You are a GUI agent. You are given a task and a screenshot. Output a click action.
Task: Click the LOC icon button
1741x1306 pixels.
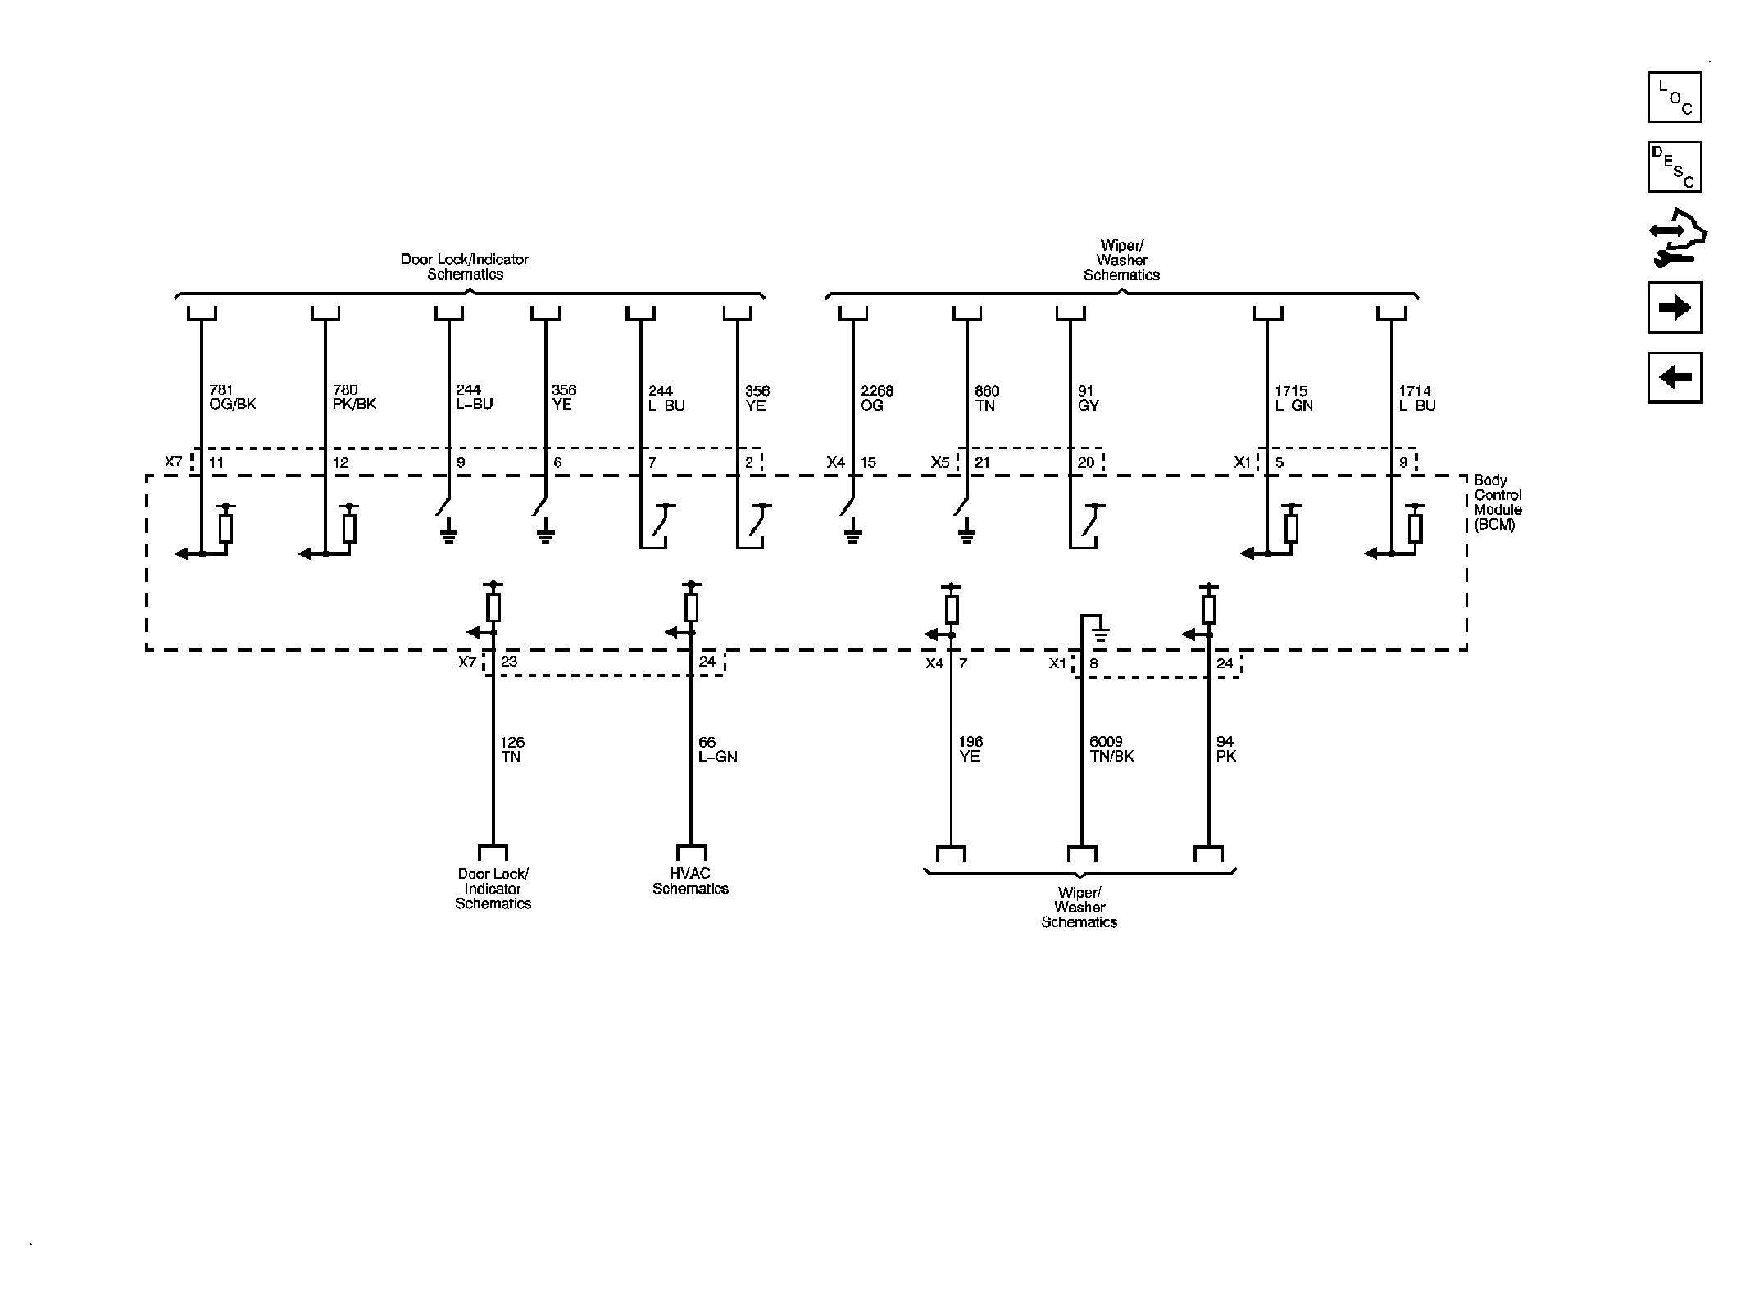pos(1675,97)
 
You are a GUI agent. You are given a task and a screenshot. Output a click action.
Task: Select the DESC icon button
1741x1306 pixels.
pos(1675,167)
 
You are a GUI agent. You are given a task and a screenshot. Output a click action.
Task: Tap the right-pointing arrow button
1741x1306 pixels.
pos(1675,307)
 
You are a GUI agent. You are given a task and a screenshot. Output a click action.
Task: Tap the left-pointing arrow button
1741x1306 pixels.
pos(1675,378)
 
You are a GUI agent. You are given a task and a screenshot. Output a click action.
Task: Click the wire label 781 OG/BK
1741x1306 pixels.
pos(233,398)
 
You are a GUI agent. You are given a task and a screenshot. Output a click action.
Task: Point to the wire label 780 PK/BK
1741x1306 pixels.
pos(354,398)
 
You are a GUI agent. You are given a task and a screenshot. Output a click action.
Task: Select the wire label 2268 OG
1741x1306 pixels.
pos(876,398)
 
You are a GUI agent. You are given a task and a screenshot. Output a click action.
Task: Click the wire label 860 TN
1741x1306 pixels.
pos(987,398)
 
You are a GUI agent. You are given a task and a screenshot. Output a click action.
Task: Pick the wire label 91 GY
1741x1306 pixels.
pos(1088,398)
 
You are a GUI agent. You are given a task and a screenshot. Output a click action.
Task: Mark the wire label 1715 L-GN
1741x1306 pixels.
pos(1293,398)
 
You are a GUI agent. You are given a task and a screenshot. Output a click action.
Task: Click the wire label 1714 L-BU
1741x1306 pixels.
pos(1417,398)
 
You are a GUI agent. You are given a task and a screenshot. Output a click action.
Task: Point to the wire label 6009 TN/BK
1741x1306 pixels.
pos(1111,749)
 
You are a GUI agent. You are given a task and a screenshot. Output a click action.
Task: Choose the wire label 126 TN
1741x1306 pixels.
pos(512,749)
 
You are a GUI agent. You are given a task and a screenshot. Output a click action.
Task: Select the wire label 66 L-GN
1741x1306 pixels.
pos(717,749)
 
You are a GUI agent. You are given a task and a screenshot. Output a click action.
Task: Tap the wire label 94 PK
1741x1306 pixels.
pos(1225,749)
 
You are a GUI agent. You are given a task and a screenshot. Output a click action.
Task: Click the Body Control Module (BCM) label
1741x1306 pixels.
pos(1498,503)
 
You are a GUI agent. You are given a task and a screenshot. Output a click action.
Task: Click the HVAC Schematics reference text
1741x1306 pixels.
pos(690,881)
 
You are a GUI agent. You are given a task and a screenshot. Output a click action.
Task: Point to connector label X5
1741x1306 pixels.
pos(939,463)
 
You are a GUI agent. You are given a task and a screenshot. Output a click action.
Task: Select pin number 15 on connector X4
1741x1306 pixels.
pos(868,463)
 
